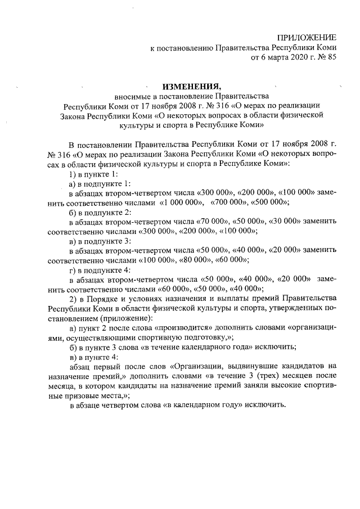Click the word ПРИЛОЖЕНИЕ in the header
307,37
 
